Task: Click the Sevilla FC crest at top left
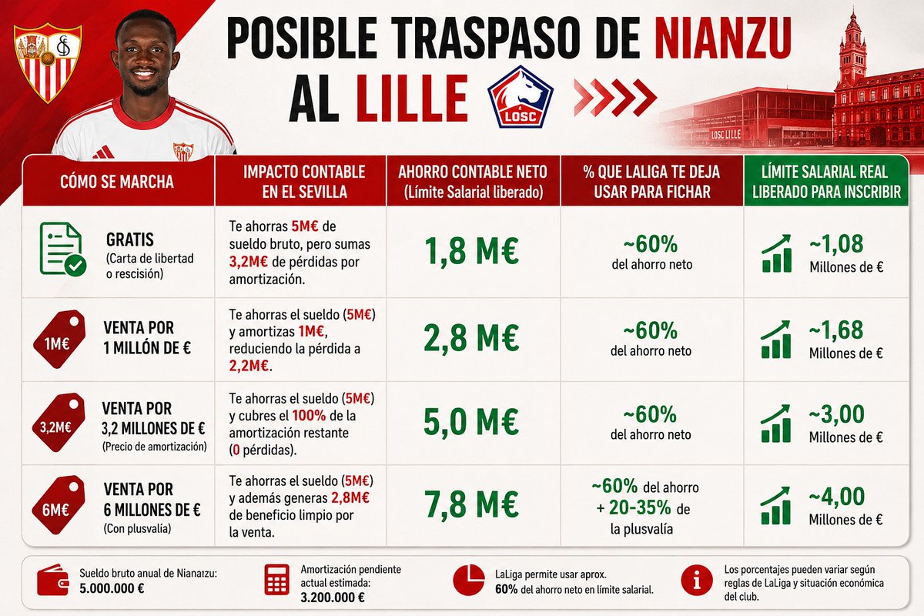click(48, 62)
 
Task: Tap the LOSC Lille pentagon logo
click(521, 96)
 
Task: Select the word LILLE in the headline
click(412, 99)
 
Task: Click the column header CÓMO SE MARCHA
click(117, 182)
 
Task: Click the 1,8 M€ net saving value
click(471, 250)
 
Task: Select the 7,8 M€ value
click(471, 504)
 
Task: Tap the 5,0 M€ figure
click(471, 421)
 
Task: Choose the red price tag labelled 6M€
click(59, 505)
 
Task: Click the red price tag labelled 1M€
click(59, 339)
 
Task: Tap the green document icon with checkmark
click(62, 249)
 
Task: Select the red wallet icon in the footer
click(52, 580)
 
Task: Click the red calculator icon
click(276, 580)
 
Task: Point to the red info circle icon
click(697, 581)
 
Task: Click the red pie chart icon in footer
click(469, 580)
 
